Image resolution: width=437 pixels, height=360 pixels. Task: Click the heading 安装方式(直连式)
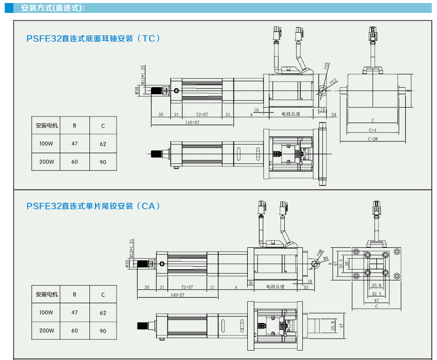pyautogui.click(x=53, y=8)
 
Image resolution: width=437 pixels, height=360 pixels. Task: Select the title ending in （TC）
pyautogui.click(x=93, y=38)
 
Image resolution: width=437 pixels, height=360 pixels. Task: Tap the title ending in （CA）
pyautogui.click(x=93, y=206)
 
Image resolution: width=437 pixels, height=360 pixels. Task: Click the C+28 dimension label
pyautogui.click(x=372, y=139)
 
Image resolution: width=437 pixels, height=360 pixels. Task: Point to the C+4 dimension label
pyautogui.click(x=372, y=130)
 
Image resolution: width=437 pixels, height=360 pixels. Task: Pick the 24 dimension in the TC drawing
pyautogui.click(x=334, y=115)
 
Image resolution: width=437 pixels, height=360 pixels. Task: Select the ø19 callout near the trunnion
pyautogui.click(x=326, y=65)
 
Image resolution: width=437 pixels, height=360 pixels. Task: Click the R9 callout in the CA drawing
pyautogui.click(x=326, y=258)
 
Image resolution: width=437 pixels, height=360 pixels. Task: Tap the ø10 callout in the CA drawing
pyautogui.click(x=320, y=251)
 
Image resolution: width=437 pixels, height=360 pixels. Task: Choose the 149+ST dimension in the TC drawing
pyautogui.click(x=192, y=123)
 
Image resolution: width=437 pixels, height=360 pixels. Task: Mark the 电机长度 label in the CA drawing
pyautogui.click(x=275, y=287)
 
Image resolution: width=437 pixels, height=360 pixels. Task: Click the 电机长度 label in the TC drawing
pyautogui.click(x=291, y=114)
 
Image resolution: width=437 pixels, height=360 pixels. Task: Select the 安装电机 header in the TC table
pyautogui.click(x=46, y=126)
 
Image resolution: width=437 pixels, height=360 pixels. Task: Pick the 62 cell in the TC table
pyautogui.click(x=103, y=144)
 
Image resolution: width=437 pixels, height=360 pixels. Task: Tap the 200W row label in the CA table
pyautogui.click(x=46, y=331)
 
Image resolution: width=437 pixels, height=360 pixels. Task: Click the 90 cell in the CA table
pyautogui.click(x=103, y=331)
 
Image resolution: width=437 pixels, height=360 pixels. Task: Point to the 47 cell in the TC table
pyautogui.click(x=74, y=144)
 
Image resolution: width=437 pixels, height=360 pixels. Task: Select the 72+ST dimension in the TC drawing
pyautogui.click(x=202, y=115)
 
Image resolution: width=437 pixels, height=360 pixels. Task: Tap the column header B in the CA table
pyautogui.click(x=74, y=295)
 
